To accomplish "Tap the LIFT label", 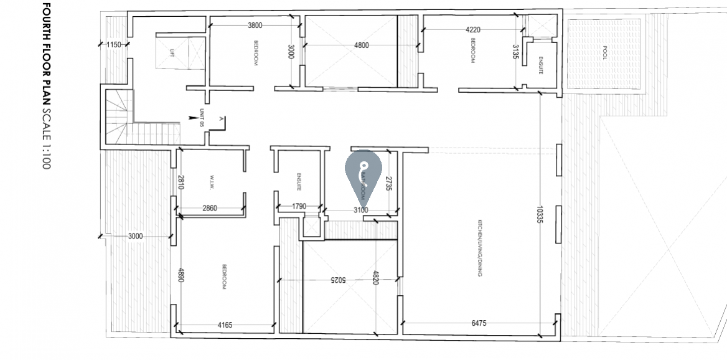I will [172, 52].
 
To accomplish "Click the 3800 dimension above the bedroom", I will [255, 26].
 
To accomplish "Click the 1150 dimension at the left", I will [113, 45].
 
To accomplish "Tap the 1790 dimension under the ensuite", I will [299, 207].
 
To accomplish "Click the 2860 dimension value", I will [209, 208].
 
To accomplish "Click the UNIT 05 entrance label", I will [202, 118].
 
